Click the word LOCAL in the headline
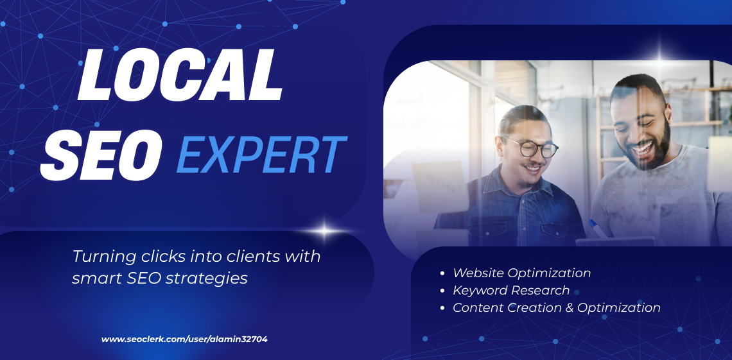(x=180, y=76)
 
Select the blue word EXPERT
(x=261, y=155)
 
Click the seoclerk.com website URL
(x=184, y=339)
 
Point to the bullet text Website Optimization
(x=521, y=273)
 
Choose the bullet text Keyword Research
(x=511, y=290)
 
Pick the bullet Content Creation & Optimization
(x=556, y=307)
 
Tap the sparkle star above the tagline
(x=326, y=230)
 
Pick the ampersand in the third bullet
(x=568, y=307)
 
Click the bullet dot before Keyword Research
(x=442, y=291)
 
